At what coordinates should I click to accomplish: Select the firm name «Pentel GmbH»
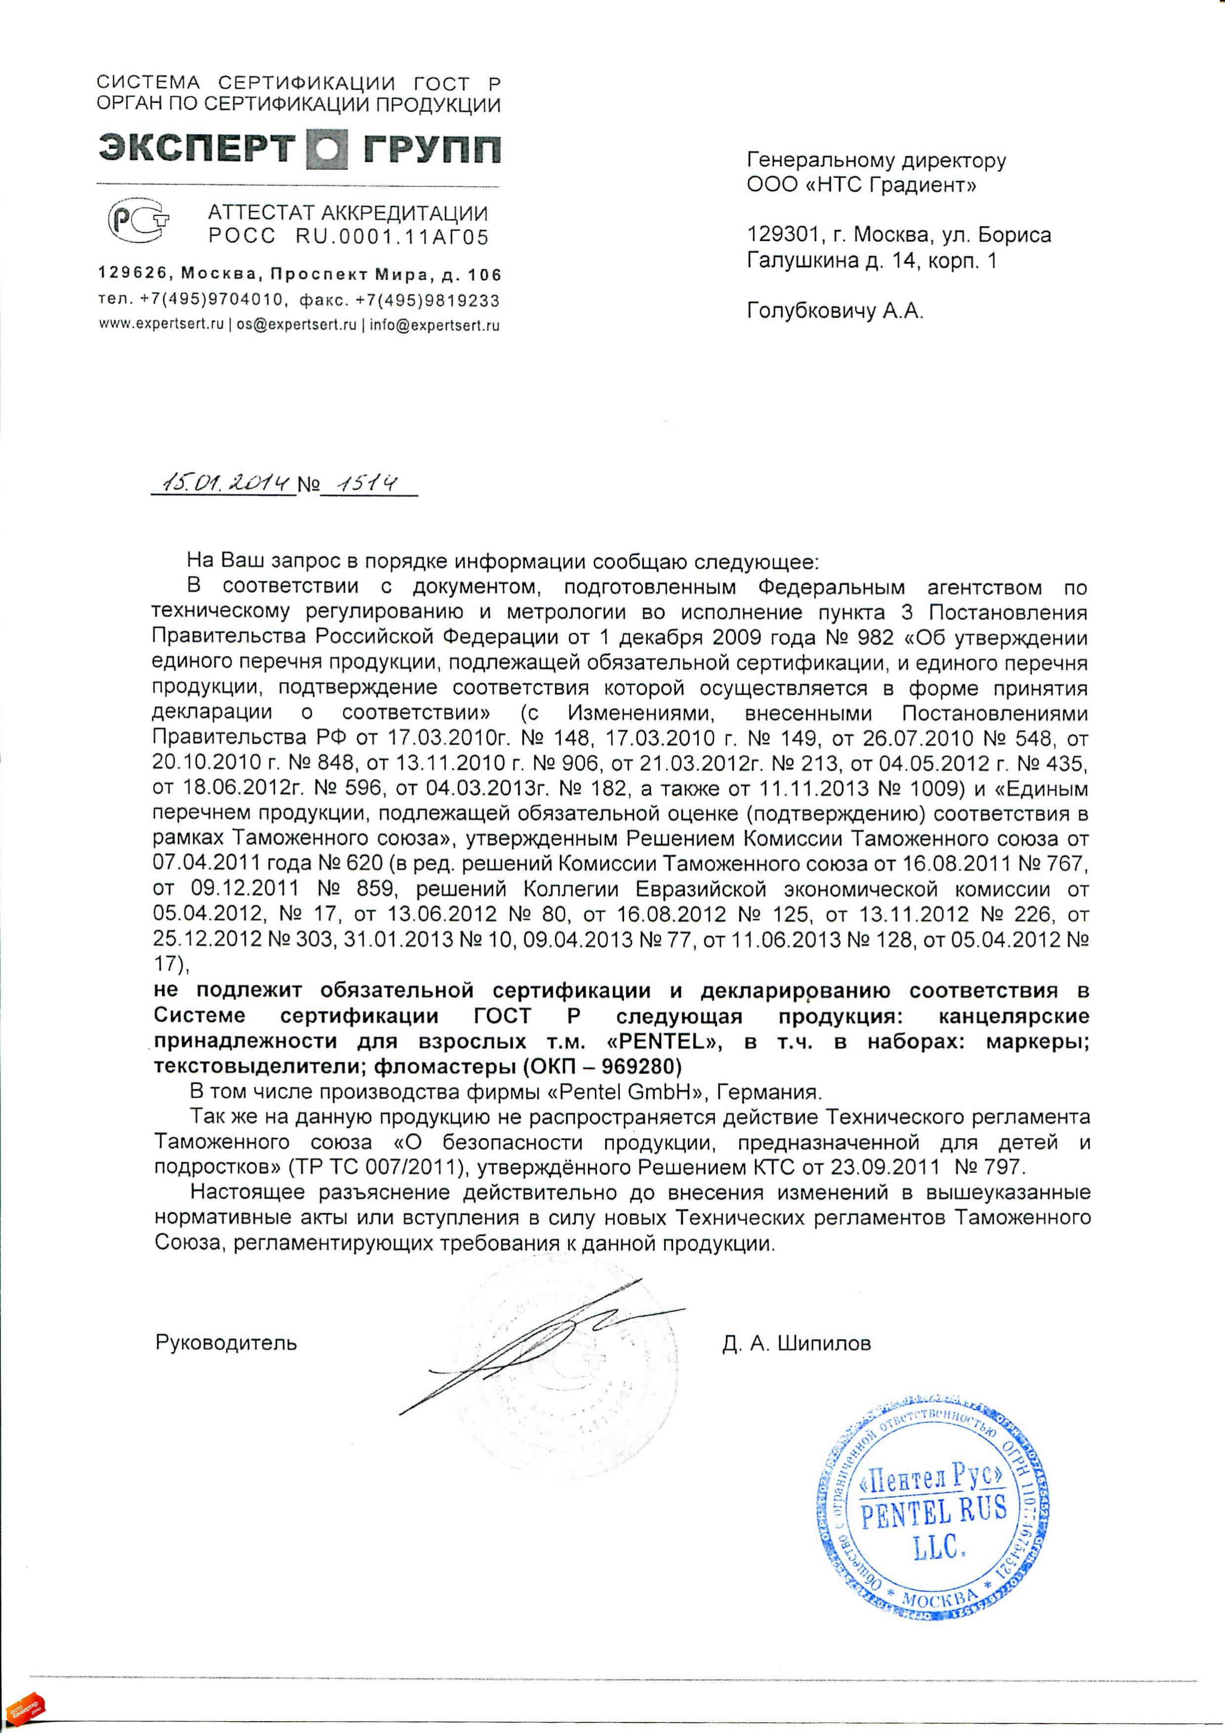coord(622,1092)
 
